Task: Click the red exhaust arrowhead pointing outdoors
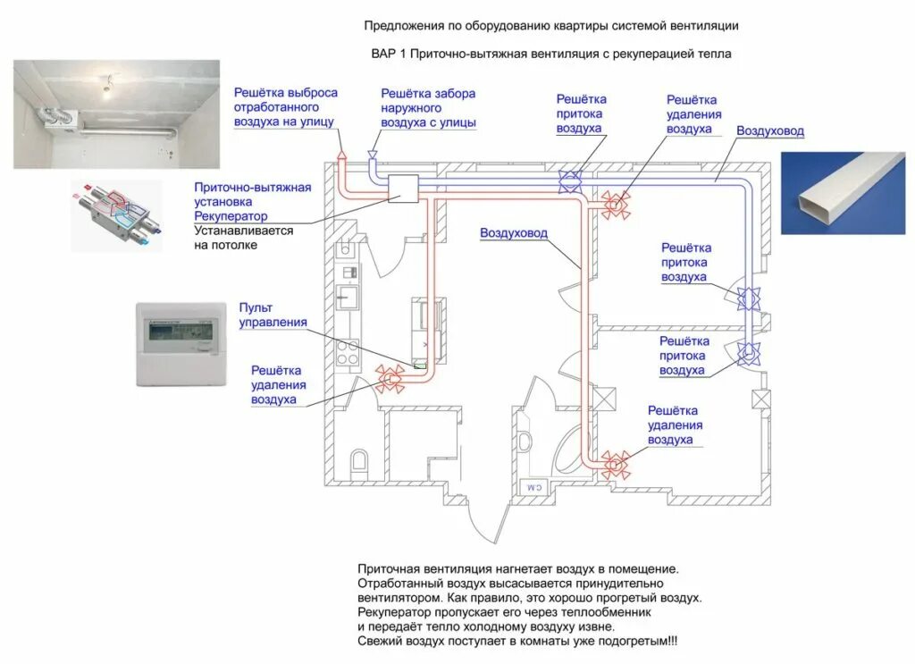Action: [x=341, y=155]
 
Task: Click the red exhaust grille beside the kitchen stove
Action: [x=390, y=379]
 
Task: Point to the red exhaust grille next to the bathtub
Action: [x=614, y=463]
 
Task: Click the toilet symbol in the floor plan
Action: [x=359, y=460]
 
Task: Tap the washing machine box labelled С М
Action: [x=534, y=487]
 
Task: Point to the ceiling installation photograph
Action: [x=116, y=113]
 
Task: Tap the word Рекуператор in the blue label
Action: [x=231, y=216]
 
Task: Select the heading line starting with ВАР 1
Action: [x=551, y=54]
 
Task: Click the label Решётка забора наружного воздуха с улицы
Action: [x=428, y=108]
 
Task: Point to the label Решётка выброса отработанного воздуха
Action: [x=285, y=106]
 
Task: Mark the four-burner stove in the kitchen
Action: [x=348, y=349]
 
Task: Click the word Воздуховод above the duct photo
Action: [x=770, y=131]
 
